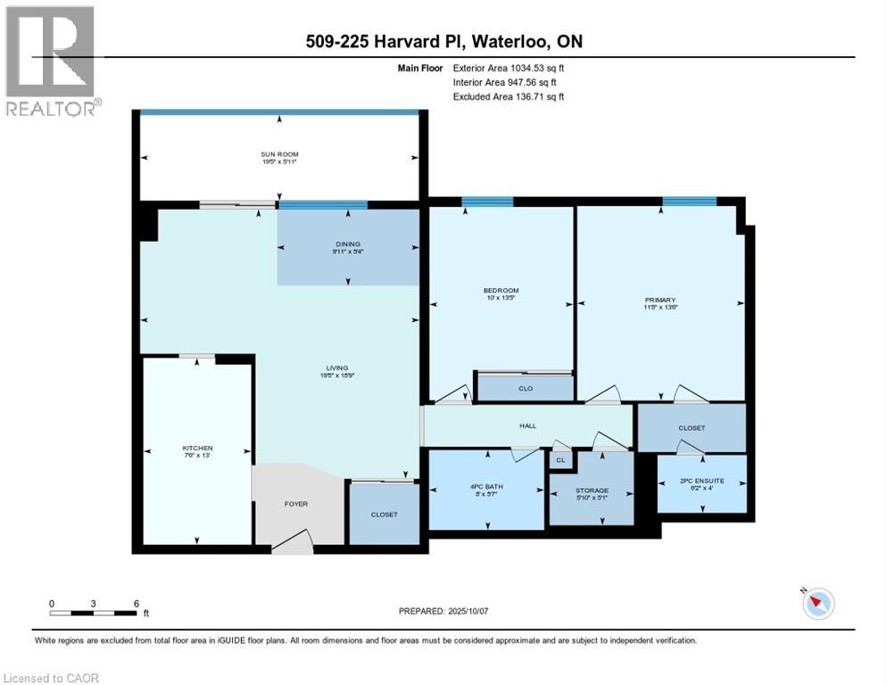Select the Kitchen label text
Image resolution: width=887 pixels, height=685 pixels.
[x=197, y=449]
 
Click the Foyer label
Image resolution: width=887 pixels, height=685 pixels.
[x=295, y=504]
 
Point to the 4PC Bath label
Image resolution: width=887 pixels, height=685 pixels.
[x=485, y=489]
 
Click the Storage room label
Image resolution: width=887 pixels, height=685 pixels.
[x=592, y=491]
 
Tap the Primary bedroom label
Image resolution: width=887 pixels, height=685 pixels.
[x=660, y=301]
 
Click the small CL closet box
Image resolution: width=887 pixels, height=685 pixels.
[x=560, y=460]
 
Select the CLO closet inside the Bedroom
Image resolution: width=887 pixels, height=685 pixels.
[x=526, y=389]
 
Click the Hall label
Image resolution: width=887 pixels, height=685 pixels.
[x=527, y=426]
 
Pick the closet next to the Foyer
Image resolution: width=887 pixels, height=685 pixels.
[x=384, y=515]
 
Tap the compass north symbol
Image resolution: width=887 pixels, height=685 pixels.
[x=817, y=603]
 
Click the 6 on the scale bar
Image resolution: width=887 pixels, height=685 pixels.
[x=136, y=604]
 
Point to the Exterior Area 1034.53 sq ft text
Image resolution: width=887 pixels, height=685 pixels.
[x=509, y=68]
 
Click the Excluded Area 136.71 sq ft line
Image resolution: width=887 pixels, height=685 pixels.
[x=509, y=96]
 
